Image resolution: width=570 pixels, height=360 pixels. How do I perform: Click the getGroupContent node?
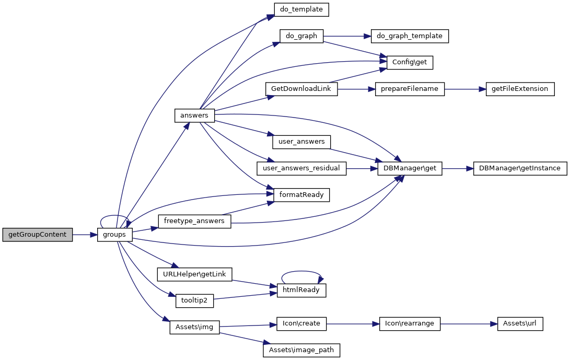pyautogui.click(x=37, y=235)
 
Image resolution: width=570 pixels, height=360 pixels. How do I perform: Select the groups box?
pyautogui.click(x=114, y=235)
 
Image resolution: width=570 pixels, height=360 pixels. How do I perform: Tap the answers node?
pyautogui.click(x=194, y=115)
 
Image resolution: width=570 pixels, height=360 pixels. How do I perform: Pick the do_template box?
pyautogui.click(x=301, y=9)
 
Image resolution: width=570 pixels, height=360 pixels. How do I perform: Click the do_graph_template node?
pyautogui.click(x=410, y=36)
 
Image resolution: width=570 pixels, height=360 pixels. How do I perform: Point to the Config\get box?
pyautogui.click(x=410, y=62)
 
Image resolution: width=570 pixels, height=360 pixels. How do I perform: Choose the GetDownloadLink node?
pyautogui.click(x=301, y=89)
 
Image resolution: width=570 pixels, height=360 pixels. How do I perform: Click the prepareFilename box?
pyautogui.click(x=410, y=89)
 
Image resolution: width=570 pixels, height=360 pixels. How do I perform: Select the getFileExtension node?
pyautogui.click(x=519, y=89)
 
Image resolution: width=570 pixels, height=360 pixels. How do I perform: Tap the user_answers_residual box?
pyautogui.click(x=301, y=168)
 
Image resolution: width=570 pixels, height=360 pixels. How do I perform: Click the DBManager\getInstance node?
pyautogui.click(x=520, y=168)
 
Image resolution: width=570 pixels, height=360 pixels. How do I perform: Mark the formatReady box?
pyautogui.click(x=301, y=195)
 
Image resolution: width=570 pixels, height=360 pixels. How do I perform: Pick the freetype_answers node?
pyautogui.click(x=194, y=221)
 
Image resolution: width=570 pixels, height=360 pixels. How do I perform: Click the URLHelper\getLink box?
pyautogui.click(x=194, y=274)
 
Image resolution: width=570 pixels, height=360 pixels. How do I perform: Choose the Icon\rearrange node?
pyautogui.click(x=410, y=324)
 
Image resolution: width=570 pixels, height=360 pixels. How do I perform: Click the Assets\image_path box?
pyautogui.click(x=301, y=350)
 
